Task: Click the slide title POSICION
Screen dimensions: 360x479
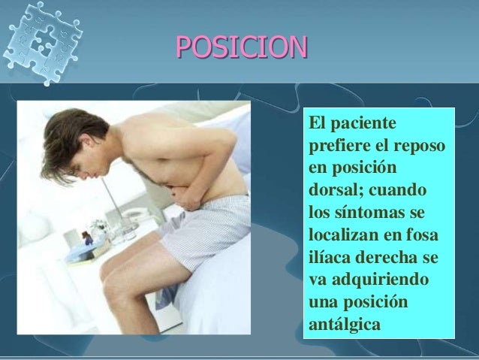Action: [241, 47]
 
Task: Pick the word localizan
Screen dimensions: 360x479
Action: [342, 225]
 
